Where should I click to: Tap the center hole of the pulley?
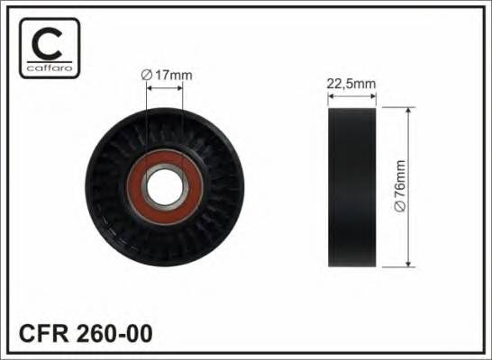[x=164, y=187]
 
